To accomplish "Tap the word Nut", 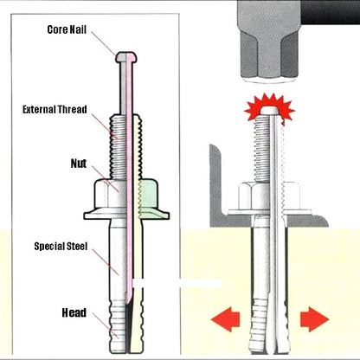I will click(x=78, y=162).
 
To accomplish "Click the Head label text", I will click(x=74, y=312).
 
